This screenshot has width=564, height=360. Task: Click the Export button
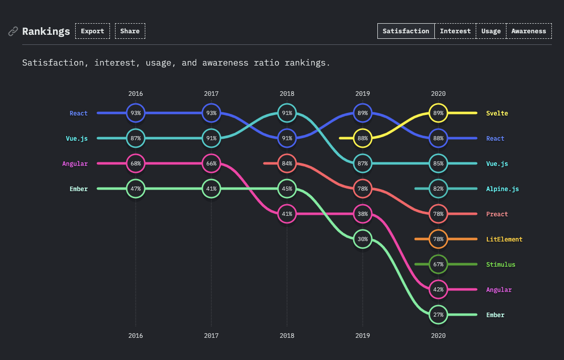point(92,31)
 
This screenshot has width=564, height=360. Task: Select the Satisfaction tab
point(406,31)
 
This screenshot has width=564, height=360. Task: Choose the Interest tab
point(455,31)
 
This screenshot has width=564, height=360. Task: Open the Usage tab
point(491,31)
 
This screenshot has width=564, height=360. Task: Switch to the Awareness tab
point(529,31)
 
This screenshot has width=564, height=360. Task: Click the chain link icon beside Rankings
point(13,31)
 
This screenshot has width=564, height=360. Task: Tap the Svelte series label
point(497,113)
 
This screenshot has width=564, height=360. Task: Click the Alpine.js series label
point(502,189)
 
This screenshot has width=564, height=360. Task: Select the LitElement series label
point(504,239)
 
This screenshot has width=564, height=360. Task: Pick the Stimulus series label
point(500,265)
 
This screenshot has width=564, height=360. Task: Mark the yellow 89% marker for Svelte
point(438,113)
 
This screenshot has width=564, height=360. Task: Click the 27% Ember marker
point(438,315)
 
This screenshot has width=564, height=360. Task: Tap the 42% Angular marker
point(438,289)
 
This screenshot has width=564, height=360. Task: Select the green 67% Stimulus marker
point(438,264)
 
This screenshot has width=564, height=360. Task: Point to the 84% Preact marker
point(287,163)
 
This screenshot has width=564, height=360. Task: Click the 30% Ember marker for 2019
point(362,239)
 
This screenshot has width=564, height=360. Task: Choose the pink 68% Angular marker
point(135,163)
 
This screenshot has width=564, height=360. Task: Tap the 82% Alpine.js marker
point(438,189)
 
